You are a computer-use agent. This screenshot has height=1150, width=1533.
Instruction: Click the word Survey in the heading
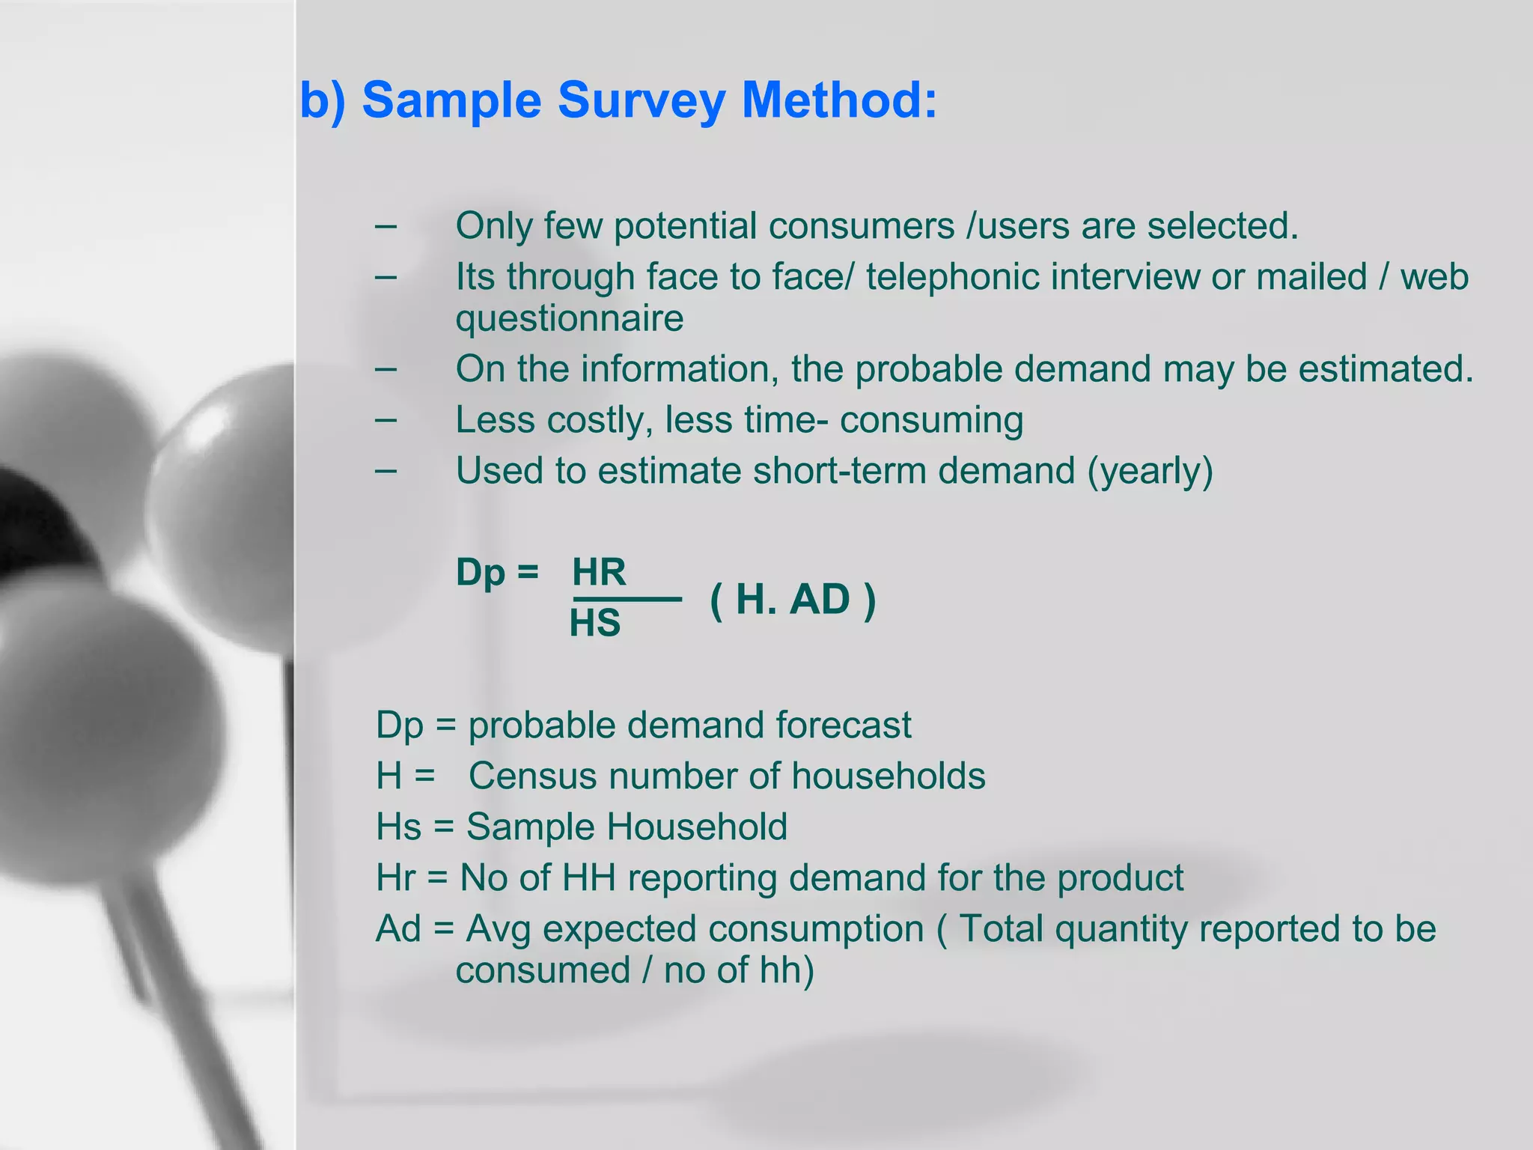641,101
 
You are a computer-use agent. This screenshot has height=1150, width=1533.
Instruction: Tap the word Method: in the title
839,100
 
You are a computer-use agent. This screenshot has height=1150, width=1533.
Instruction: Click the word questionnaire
569,318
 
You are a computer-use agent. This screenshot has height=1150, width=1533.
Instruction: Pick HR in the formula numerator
599,573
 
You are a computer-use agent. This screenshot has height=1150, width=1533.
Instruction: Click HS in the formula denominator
595,623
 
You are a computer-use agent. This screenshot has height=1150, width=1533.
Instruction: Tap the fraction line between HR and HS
627,599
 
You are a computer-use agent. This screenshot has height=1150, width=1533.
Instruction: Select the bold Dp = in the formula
497,573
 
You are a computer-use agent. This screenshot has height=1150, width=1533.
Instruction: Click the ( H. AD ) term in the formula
793,600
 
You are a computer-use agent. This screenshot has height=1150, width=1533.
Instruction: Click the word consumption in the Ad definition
816,929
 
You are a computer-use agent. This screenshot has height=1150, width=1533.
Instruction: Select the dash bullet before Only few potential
386,225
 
